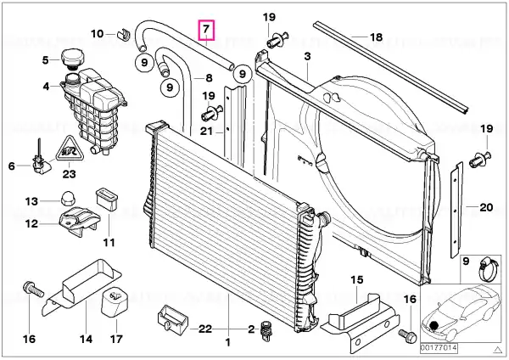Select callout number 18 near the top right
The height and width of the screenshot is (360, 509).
pyautogui.click(x=376, y=37)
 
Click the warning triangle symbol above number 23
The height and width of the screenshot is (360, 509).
pyautogui.click(x=69, y=151)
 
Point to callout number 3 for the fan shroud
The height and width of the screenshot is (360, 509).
pyautogui.click(x=307, y=55)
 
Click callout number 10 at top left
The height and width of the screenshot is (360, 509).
pyautogui.click(x=98, y=34)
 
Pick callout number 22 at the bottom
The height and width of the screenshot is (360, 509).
pyautogui.click(x=204, y=329)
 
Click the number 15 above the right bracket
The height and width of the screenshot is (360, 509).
pyautogui.click(x=356, y=280)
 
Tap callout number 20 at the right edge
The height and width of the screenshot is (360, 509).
pyautogui.click(x=486, y=206)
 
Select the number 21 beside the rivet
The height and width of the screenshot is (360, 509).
pyautogui.click(x=206, y=130)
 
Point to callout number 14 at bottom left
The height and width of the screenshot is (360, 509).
pyautogui.click(x=85, y=340)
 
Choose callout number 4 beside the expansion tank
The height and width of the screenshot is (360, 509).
pyautogui.click(x=45, y=86)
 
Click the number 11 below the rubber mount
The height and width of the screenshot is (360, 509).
pyautogui.click(x=109, y=243)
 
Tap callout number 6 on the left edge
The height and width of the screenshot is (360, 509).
pyautogui.click(x=12, y=166)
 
